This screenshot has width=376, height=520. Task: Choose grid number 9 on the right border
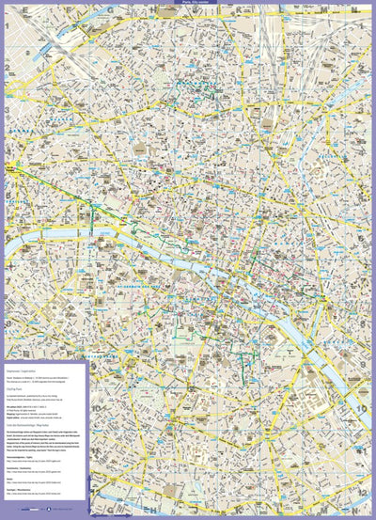[370, 362]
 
